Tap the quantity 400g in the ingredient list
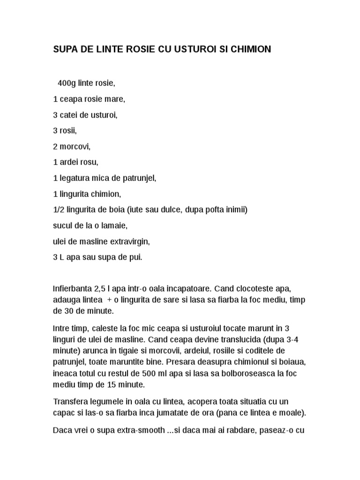[67, 83]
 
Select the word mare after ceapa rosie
[117, 99]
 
